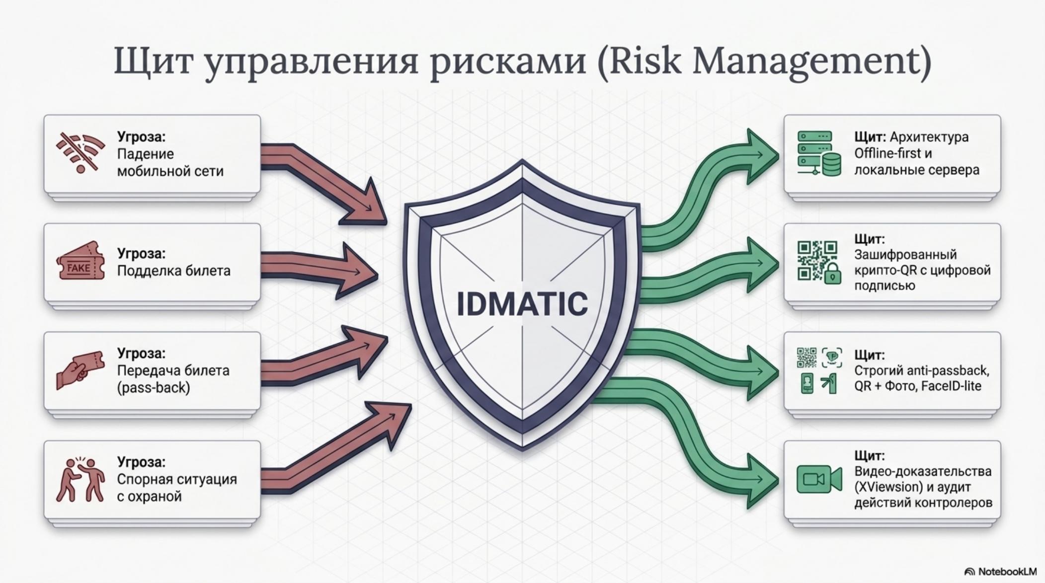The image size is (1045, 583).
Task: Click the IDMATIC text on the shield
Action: (x=522, y=303)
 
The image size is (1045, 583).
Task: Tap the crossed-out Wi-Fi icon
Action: (x=80, y=152)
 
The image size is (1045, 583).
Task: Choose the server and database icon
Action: (x=819, y=153)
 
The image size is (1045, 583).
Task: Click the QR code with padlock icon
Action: (x=819, y=262)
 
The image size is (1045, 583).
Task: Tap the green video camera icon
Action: (x=819, y=479)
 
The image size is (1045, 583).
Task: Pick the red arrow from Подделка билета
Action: (x=318, y=271)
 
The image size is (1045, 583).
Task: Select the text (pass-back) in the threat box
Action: (x=154, y=388)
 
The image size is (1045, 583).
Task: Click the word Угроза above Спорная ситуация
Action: (x=141, y=462)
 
